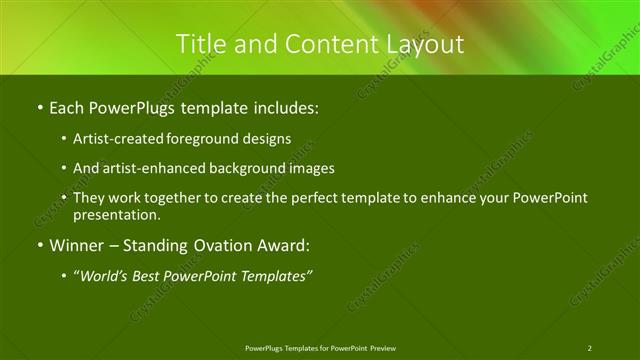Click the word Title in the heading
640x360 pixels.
[199, 44]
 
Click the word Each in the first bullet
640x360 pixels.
[66, 105]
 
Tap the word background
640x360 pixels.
[248, 168]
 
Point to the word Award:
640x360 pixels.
[283, 245]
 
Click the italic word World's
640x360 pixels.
[106, 275]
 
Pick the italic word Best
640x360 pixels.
[152, 275]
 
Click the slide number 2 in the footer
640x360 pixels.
[589, 348]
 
